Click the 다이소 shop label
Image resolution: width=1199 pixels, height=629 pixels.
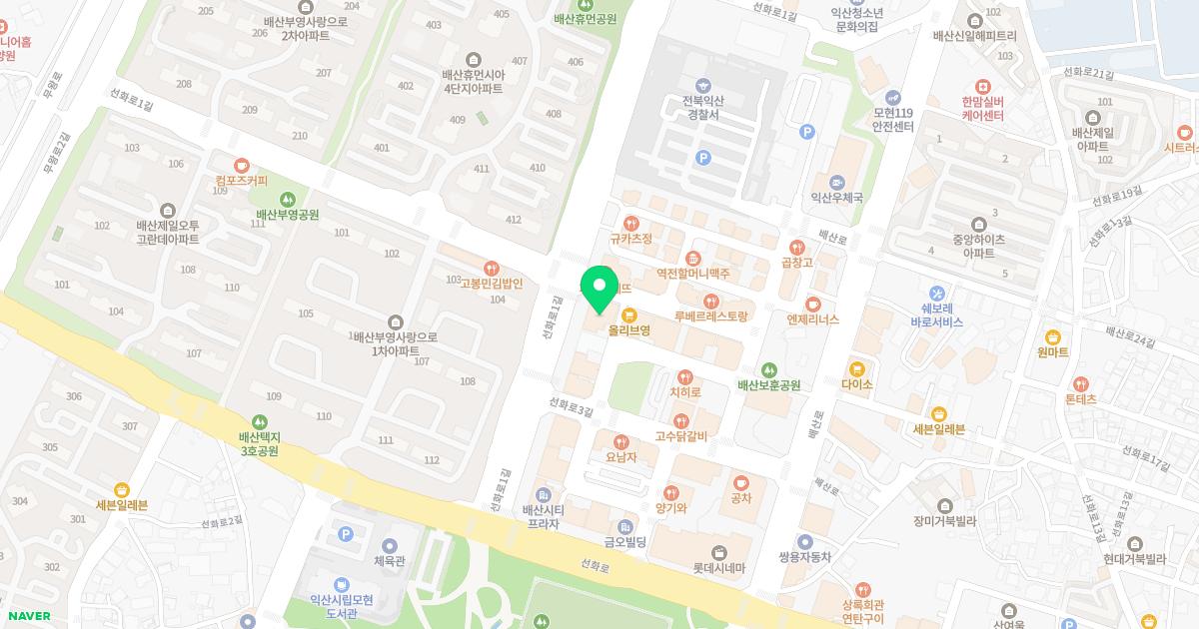tap(857, 383)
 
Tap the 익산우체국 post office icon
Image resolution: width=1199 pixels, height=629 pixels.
tap(836, 182)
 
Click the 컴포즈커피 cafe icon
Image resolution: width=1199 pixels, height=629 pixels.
tap(240, 165)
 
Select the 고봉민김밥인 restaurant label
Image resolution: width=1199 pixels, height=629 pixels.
tap(491, 283)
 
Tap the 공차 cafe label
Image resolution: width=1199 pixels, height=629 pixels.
tap(740, 498)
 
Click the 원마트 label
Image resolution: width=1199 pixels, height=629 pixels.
tap(1053, 352)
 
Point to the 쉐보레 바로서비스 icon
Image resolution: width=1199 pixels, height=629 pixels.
tap(936, 294)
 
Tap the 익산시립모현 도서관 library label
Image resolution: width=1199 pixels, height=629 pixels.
tap(341, 606)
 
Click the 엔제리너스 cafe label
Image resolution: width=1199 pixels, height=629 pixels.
tap(812, 319)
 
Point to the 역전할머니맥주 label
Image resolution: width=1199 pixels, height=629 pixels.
tap(693, 273)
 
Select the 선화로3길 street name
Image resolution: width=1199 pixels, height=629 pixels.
tap(572, 409)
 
